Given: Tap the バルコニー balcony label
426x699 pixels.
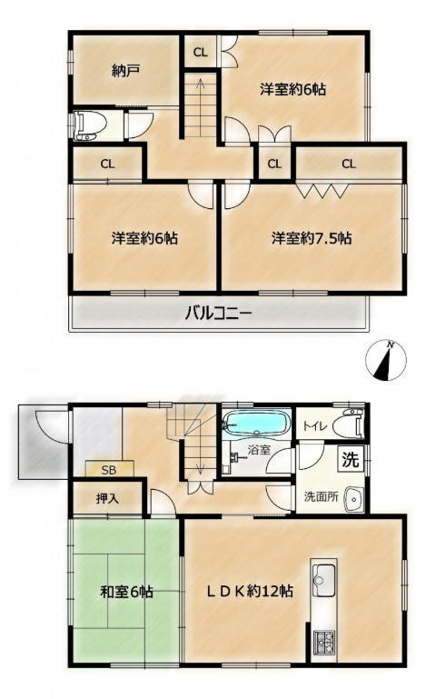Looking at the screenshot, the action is point(218,314).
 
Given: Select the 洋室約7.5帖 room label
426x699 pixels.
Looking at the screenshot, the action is point(312,238).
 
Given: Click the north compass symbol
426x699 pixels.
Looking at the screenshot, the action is point(386,360).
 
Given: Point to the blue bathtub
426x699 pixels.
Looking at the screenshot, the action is point(256,422).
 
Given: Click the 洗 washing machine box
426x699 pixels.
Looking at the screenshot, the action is point(351,459).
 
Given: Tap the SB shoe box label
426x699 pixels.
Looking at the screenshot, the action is point(109,470).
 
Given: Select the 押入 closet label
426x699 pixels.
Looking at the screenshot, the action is point(107,498).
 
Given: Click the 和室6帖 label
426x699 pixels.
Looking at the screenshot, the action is point(127,592).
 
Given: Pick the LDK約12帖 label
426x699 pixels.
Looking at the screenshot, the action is point(249,591).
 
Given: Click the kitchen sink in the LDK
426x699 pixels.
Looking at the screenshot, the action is point(324,575).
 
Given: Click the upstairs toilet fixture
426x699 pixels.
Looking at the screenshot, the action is point(89,125).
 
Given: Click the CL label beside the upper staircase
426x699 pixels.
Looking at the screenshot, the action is point(201,53).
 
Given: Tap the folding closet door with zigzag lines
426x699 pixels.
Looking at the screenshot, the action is point(322,191).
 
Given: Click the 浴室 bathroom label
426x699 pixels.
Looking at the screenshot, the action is point(259,449).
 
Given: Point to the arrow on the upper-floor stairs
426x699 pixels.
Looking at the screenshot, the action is point(200,107).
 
